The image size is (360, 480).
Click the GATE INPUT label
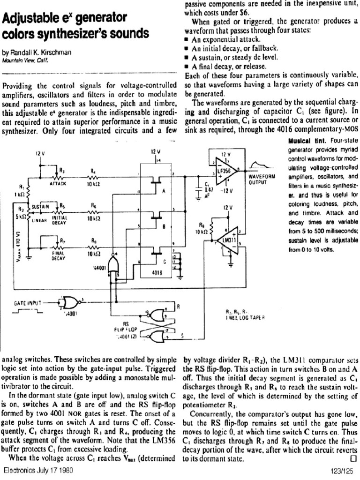[x=22, y=303]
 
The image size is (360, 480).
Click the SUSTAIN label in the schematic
[x=41, y=206]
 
